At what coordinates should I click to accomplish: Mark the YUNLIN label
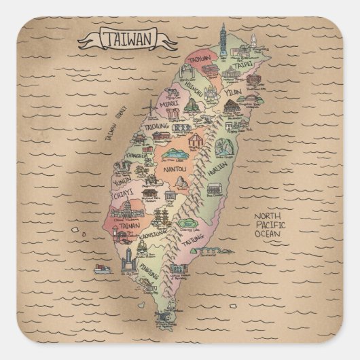click(x=123, y=181)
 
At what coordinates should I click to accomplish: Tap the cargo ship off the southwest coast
click(x=102, y=268)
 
